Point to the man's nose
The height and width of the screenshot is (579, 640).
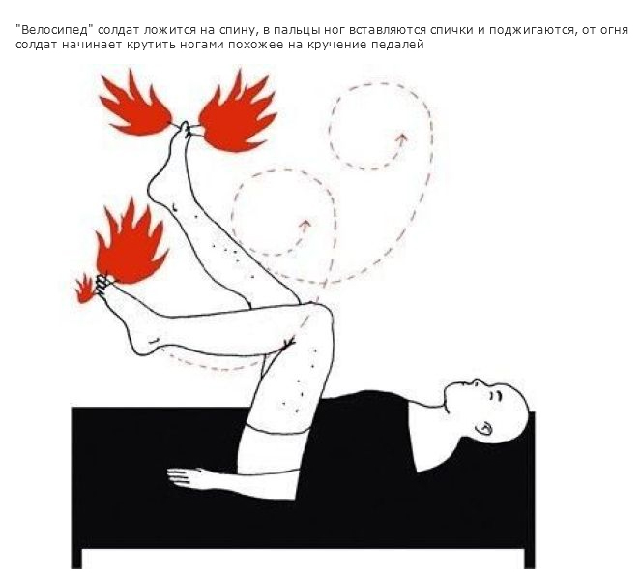point(477,382)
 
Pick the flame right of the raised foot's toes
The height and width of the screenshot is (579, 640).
point(238,112)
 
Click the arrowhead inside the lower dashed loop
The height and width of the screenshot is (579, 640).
point(305,225)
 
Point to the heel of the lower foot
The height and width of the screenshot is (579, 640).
point(141,345)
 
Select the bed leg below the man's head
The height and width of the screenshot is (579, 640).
point(530,558)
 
